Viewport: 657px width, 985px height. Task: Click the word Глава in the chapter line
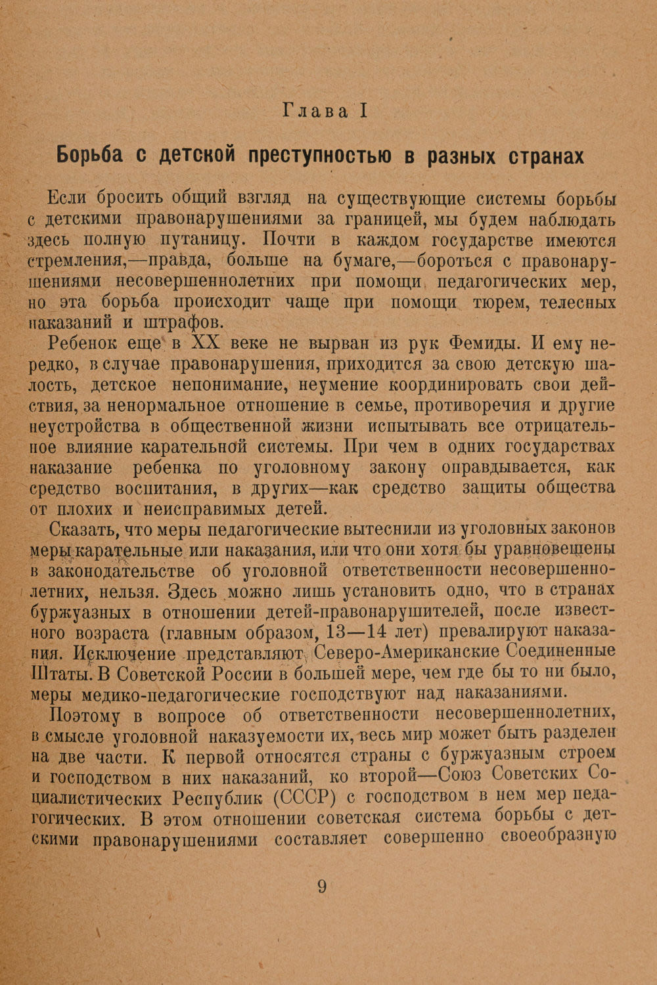pos(315,111)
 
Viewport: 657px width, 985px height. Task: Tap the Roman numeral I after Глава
pos(363,111)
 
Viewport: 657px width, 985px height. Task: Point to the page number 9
pos(322,887)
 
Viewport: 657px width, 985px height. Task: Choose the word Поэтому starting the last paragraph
pos(87,716)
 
